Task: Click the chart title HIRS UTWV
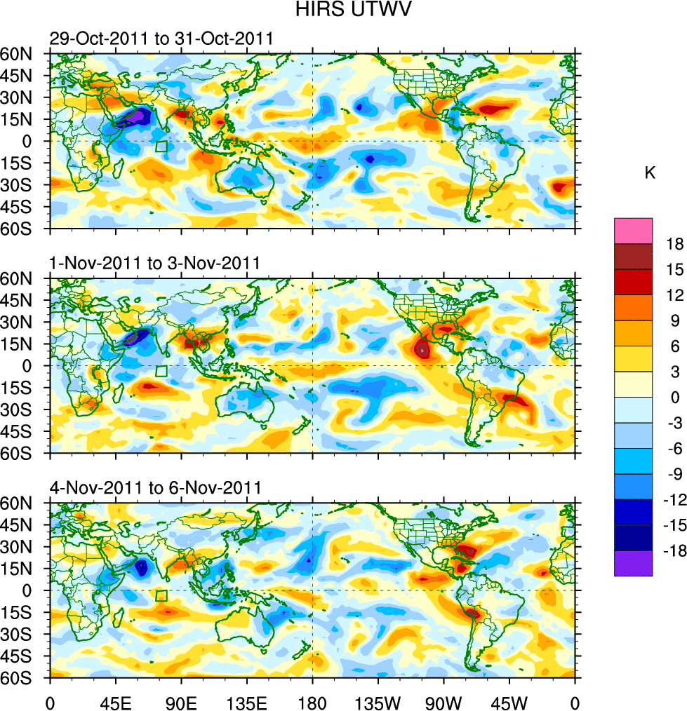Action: click(x=343, y=10)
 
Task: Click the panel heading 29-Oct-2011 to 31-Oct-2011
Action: click(x=161, y=39)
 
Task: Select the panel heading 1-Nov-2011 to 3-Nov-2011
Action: click(x=155, y=264)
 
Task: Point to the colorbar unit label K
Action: click(x=650, y=173)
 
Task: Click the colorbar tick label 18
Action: click(x=675, y=243)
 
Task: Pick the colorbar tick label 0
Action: click(x=675, y=397)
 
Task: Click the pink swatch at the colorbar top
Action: click(x=634, y=231)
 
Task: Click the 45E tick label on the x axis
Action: click(x=115, y=701)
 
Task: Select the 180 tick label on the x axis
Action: click(x=312, y=701)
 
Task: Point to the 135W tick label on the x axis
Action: click(x=378, y=701)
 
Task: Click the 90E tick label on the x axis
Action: click(x=181, y=701)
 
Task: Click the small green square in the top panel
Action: click(x=161, y=147)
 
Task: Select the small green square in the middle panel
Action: click(x=161, y=372)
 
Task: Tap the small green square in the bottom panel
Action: click(x=161, y=596)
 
